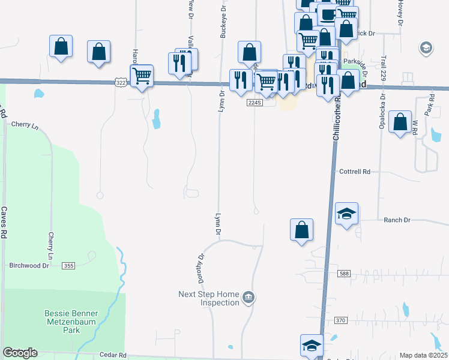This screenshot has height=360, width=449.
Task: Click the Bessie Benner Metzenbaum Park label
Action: pyautogui.click(x=71, y=321)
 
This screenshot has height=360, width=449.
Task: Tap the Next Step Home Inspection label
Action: pyautogui.click(x=209, y=298)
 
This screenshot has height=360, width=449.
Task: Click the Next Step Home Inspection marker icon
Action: pyautogui.click(x=248, y=298)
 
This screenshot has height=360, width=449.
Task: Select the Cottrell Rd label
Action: pyautogui.click(x=358, y=171)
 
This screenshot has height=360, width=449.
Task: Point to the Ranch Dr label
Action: pyautogui.click(x=397, y=220)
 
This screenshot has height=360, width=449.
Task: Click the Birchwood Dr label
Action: pyautogui.click(x=29, y=265)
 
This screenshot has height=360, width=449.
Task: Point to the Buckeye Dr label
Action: pyautogui.click(x=223, y=23)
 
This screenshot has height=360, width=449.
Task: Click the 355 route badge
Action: pyautogui.click(x=68, y=265)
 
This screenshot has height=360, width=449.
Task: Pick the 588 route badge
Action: pyautogui.click(x=343, y=274)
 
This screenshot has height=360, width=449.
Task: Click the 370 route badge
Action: pyautogui.click(x=340, y=321)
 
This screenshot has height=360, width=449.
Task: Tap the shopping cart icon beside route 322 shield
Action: pyautogui.click(x=142, y=76)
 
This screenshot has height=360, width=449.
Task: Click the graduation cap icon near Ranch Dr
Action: pyautogui.click(x=346, y=214)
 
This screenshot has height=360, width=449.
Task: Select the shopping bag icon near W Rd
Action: pyautogui.click(x=400, y=122)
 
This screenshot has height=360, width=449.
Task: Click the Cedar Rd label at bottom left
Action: pyautogui.click(x=114, y=355)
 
